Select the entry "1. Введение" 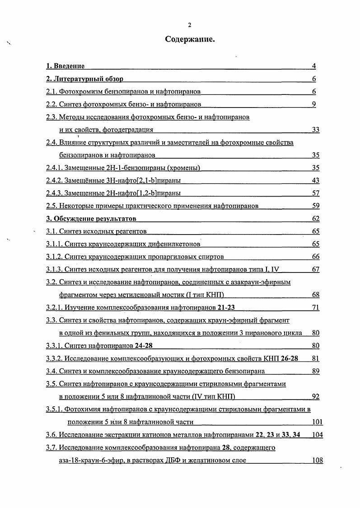point(65,66)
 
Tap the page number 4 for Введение point(313,66)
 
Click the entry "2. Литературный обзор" point(84,79)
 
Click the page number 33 point(315,130)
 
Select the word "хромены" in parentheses point(183,168)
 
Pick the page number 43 point(315,181)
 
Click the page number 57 point(315,193)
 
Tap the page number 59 point(315,206)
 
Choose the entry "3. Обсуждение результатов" point(91,219)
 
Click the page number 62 point(315,219)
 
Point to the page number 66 point(315,257)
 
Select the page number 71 point(315,308)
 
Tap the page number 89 point(315,371)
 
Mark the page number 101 point(317,422)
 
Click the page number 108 point(317,461)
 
